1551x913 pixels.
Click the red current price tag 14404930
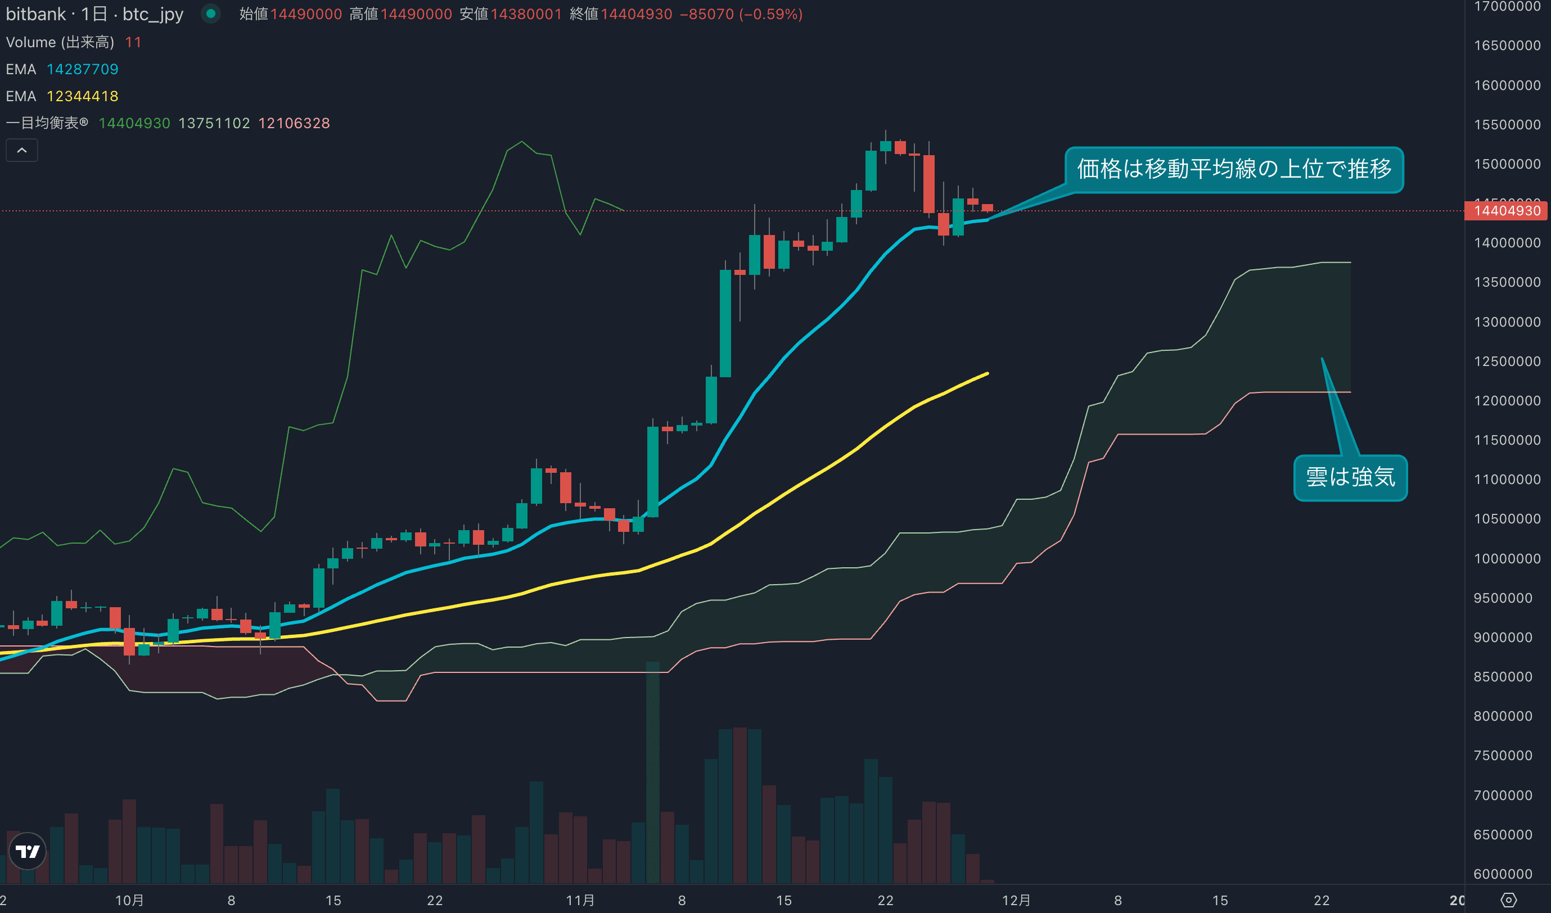(x=1507, y=211)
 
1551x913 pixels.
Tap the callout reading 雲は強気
(x=1350, y=477)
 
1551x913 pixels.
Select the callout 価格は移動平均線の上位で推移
(x=1233, y=169)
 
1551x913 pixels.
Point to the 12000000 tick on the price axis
(x=1507, y=400)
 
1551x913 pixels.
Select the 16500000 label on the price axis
(x=1507, y=46)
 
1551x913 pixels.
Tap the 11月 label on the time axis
(x=580, y=900)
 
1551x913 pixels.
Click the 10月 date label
(x=129, y=900)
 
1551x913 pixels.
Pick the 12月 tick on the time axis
(x=1016, y=900)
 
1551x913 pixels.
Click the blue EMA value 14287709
(x=83, y=69)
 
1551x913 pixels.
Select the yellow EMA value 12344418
(x=83, y=96)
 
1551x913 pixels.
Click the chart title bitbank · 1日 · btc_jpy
(x=94, y=14)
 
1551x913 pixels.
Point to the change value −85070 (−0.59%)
(x=741, y=14)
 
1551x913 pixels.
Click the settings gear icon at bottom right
(x=1508, y=900)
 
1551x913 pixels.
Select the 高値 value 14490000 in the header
(x=416, y=14)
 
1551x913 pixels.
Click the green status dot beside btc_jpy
(x=210, y=13)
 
